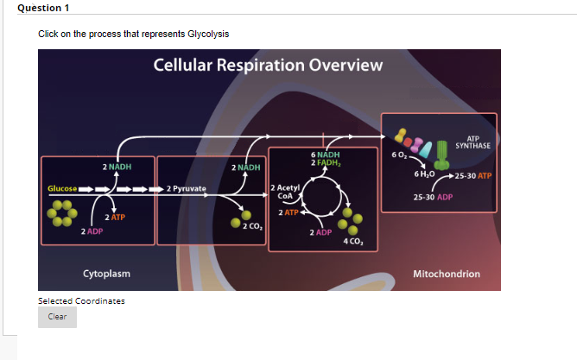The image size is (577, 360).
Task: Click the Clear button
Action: pyautogui.click(x=57, y=317)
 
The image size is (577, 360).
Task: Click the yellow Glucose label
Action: pyautogui.click(x=62, y=188)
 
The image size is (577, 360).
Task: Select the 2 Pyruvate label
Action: pyautogui.click(x=186, y=188)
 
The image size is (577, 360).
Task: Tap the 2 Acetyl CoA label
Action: pyautogui.click(x=285, y=191)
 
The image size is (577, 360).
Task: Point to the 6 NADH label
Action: pyautogui.click(x=324, y=155)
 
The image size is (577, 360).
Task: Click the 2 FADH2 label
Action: pyautogui.click(x=325, y=162)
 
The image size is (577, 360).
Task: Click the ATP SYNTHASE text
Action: pyautogui.click(x=472, y=142)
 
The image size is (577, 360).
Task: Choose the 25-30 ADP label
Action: pyautogui.click(x=433, y=197)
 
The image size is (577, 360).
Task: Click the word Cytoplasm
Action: pyautogui.click(x=106, y=274)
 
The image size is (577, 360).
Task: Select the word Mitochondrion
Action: pyautogui.click(x=447, y=274)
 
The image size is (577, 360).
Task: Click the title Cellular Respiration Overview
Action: pyautogui.click(x=268, y=66)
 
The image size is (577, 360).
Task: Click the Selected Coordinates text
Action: pyautogui.click(x=81, y=300)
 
